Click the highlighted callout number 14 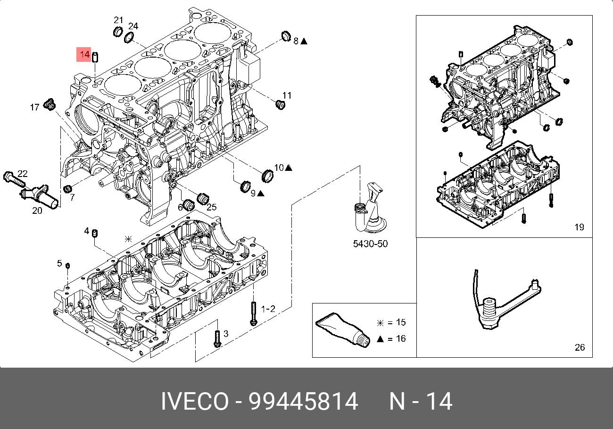click(85, 55)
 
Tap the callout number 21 click(118, 20)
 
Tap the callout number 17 click(34, 108)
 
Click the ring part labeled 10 click(267, 176)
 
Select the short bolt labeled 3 click(217, 338)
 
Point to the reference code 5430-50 click(370, 244)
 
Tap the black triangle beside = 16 click(380, 339)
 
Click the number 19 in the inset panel click(579, 227)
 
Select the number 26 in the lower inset click(580, 347)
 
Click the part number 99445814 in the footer click(303, 402)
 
